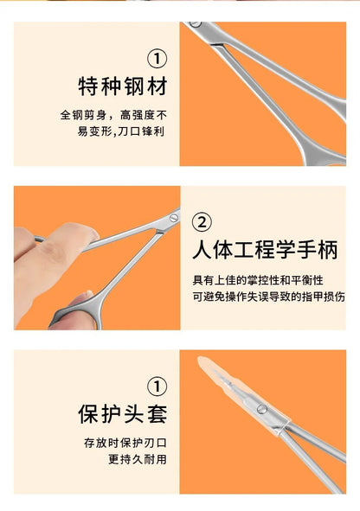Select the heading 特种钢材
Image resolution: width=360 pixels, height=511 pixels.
tap(121, 87)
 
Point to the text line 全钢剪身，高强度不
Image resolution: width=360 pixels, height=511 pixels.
tap(113, 115)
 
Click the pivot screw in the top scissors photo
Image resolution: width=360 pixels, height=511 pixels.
tap(195, 25)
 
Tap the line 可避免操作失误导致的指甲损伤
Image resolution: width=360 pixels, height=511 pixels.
tap(268, 296)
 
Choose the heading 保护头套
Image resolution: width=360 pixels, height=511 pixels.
tap(121, 413)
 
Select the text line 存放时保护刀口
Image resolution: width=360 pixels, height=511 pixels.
tap(125, 442)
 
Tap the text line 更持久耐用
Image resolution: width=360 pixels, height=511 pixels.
tap(138, 458)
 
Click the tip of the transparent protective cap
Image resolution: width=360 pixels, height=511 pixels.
tap(202, 362)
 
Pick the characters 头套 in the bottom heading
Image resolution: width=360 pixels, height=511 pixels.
tap(145, 413)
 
